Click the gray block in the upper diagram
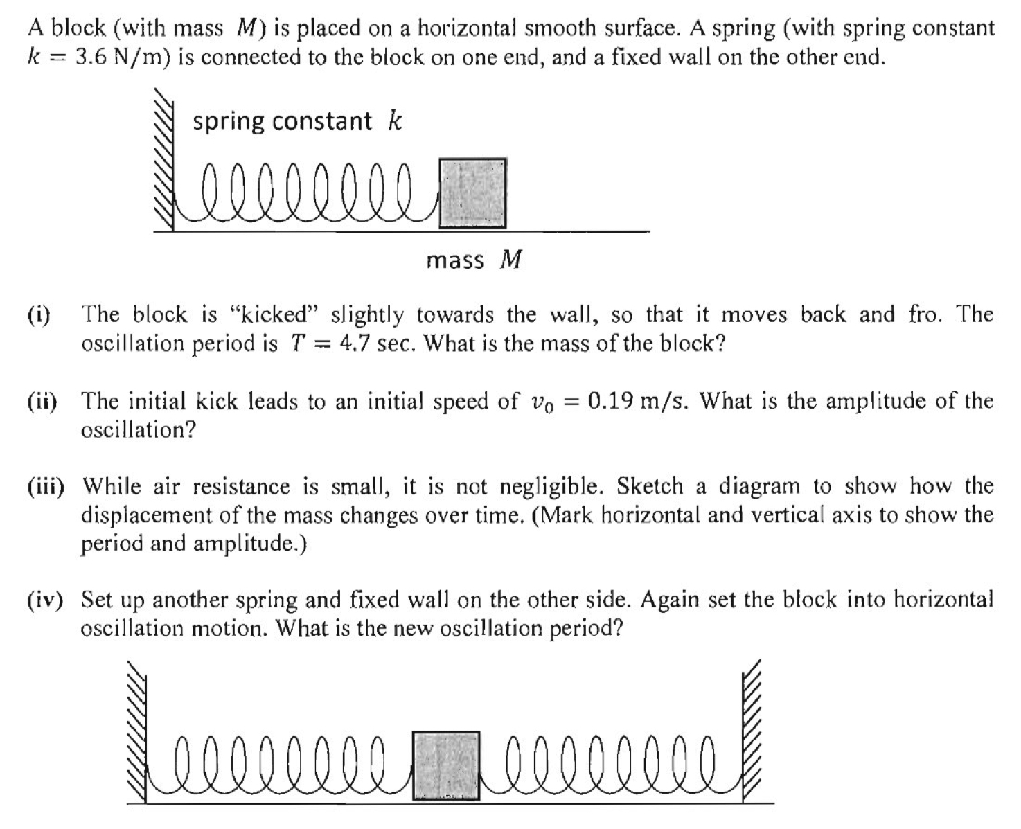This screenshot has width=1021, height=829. (x=472, y=193)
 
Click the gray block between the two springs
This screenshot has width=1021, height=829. (x=445, y=765)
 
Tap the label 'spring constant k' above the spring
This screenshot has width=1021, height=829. (x=296, y=121)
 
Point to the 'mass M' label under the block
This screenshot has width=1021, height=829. (x=473, y=260)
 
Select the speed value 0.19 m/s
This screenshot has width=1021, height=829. (x=637, y=401)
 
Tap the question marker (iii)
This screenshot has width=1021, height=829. (x=46, y=486)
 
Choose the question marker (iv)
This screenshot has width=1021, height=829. (x=45, y=600)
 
